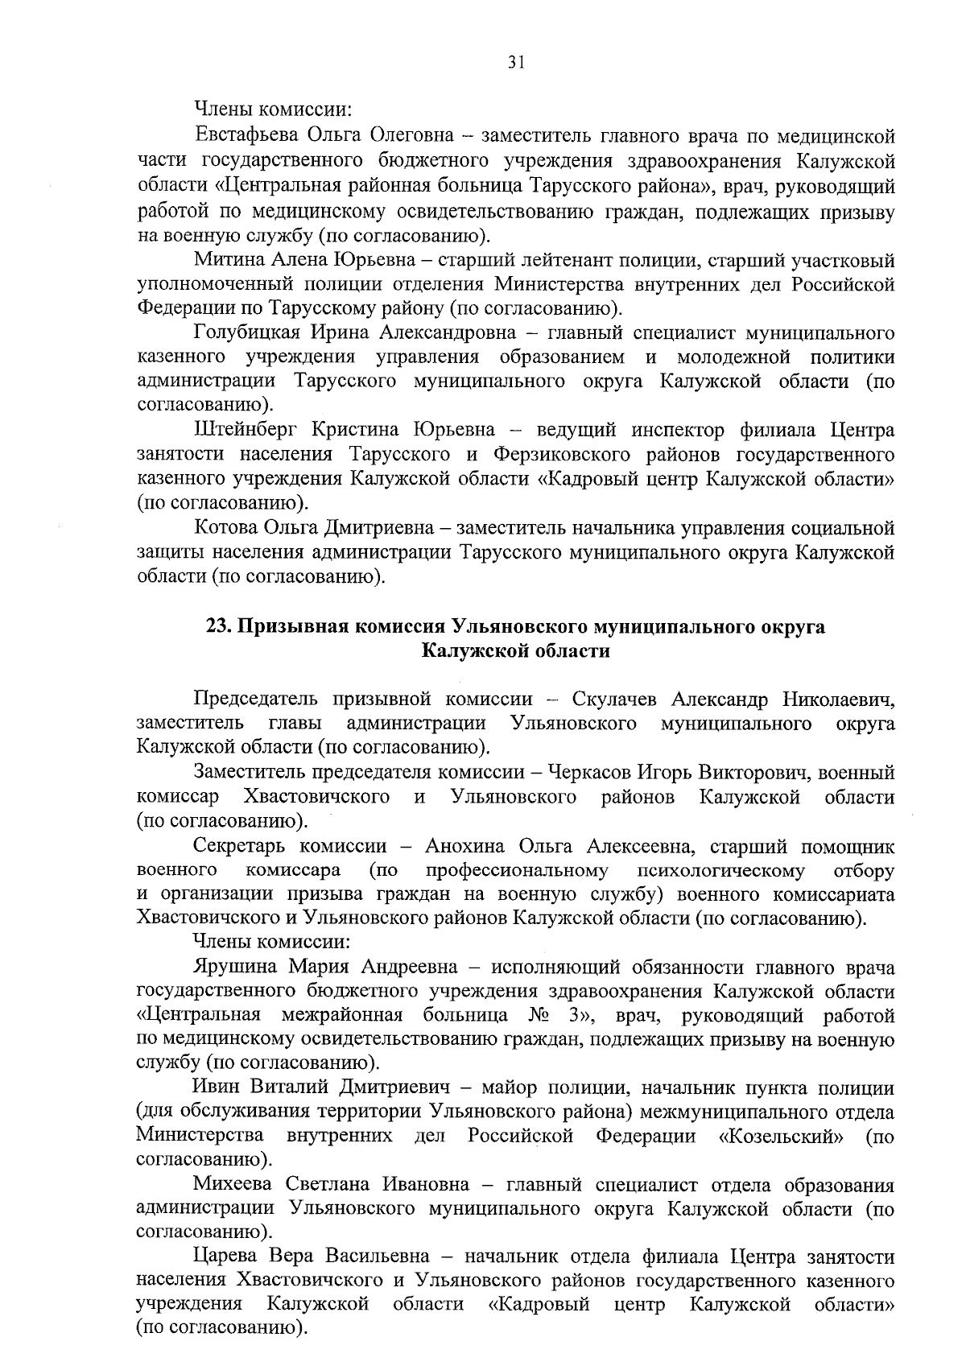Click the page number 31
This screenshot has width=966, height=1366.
coord(516,63)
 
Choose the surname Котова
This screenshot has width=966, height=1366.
coord(223,528)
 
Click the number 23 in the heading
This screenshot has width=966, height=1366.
coord(218,626)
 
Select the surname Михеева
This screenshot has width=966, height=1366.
coord(233,1185)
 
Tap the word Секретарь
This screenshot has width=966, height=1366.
coord(241,846)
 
